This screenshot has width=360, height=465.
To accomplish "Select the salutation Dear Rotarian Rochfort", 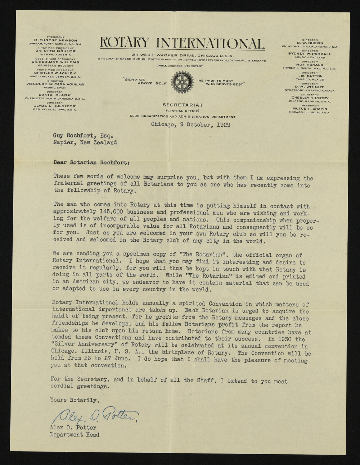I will click(x=91, y=162).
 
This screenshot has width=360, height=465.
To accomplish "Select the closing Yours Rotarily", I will click(x=74, y=400).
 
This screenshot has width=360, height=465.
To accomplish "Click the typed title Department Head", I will click(x=75, y=434).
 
